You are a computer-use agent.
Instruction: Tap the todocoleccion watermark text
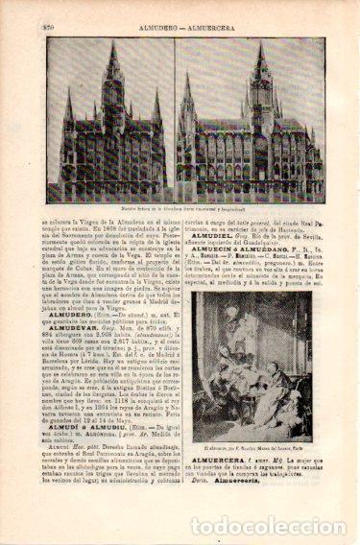[269, 526]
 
